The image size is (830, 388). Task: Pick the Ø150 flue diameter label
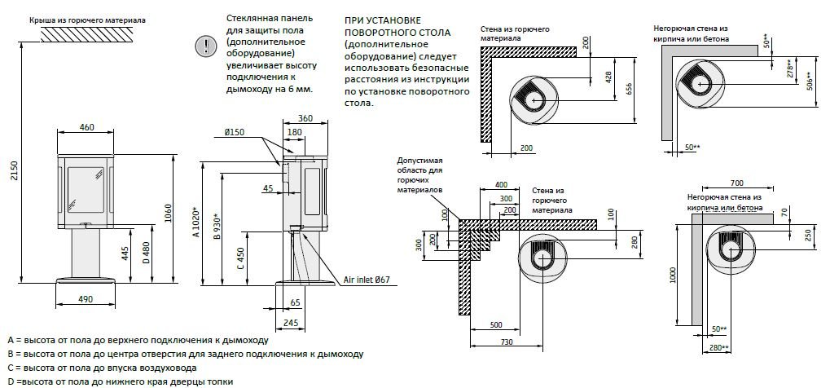[x=234, y=132]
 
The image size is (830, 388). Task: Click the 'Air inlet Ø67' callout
[x=367, y=280]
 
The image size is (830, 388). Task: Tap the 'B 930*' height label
[x=215, y=231]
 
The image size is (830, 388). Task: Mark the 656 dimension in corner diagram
[x=628, y=89]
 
